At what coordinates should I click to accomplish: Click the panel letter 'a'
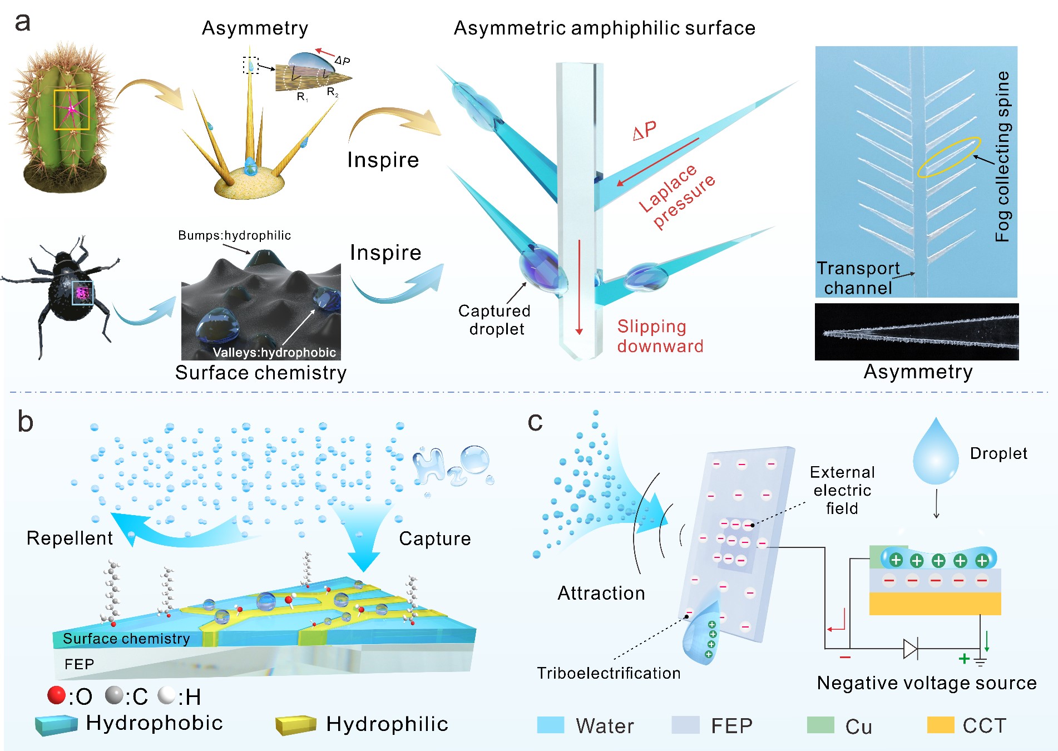coord(22,23)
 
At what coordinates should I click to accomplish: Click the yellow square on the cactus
coord(71,110)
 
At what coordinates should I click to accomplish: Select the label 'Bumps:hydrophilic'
coord(234,235)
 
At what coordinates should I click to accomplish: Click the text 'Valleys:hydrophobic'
coord(274,352)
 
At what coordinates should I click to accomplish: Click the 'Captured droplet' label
coord(495,320)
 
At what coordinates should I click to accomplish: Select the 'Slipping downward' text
coord(660,336)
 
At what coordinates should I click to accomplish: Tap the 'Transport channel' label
coord(858,278)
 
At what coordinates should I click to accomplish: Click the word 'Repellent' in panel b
coord(70,538)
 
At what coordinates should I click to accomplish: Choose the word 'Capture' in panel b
coord(434,538)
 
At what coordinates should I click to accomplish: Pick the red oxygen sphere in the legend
coord(56,695)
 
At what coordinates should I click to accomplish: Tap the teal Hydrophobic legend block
coord(56,725)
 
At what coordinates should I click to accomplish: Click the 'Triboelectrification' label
coord(609,673)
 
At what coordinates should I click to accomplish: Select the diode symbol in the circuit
coord(911,649)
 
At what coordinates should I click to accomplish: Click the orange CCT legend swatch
coord(940,725)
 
